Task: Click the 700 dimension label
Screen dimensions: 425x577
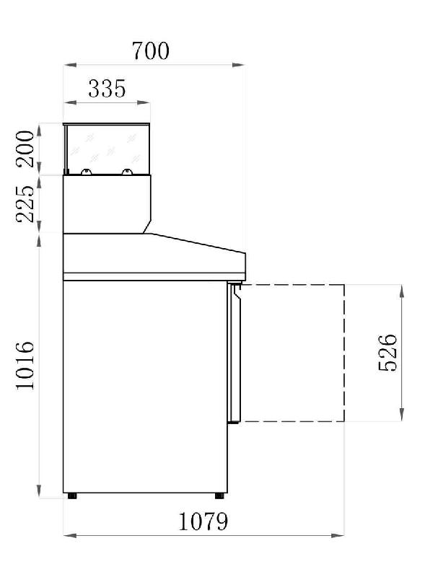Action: coord(151,50)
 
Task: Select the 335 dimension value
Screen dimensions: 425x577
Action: coord(107,89)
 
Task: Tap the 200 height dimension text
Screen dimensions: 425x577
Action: coord(25,149)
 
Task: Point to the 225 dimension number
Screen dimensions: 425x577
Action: coord(25,203)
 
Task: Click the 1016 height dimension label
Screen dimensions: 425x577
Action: coord(25,365)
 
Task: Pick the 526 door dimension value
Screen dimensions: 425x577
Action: coord(388,353)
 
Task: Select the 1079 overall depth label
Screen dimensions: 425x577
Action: coord(203,521)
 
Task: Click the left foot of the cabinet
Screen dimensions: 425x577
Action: coord(72,496)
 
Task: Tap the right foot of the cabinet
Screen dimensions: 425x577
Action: coord(219,496)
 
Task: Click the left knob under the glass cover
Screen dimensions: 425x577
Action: coord(86,172)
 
